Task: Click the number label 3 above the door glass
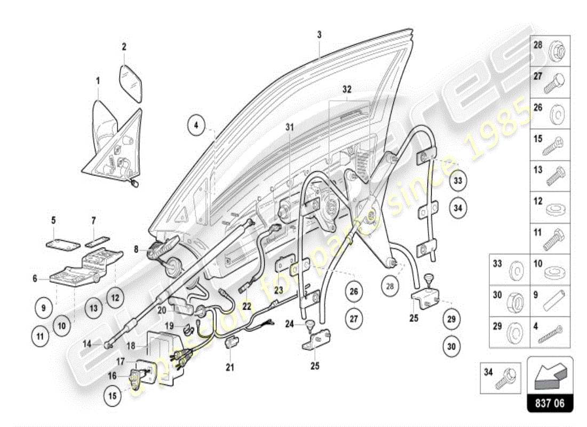pyautogui.click(x=319, y=35)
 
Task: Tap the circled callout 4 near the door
pyautogui.click(x=196, y=125)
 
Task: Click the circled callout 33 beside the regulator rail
pyautogui.click(x=457, y=180)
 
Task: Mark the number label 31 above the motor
pyautogui.click(x=289, y=126)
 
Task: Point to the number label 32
pyautogui.click(x=347, y=90)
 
